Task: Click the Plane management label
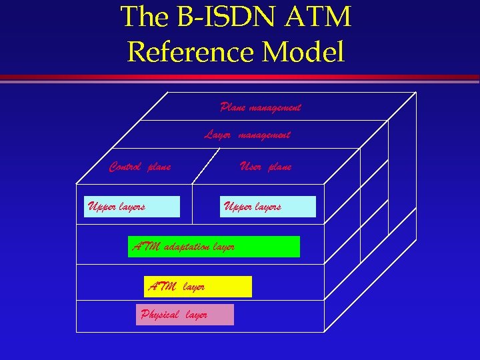pos(260,107)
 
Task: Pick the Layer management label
pos(247,135)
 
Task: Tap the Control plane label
pos(140,167)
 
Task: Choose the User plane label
pos(265,167)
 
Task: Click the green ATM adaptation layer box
pos(213,247)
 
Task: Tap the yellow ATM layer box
pos(198,287)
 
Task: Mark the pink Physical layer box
pos(185,315)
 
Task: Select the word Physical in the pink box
pos(159,315)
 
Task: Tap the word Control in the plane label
pos(126,167)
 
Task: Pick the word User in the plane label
pos(251,167)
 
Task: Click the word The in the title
pos(145,18)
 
